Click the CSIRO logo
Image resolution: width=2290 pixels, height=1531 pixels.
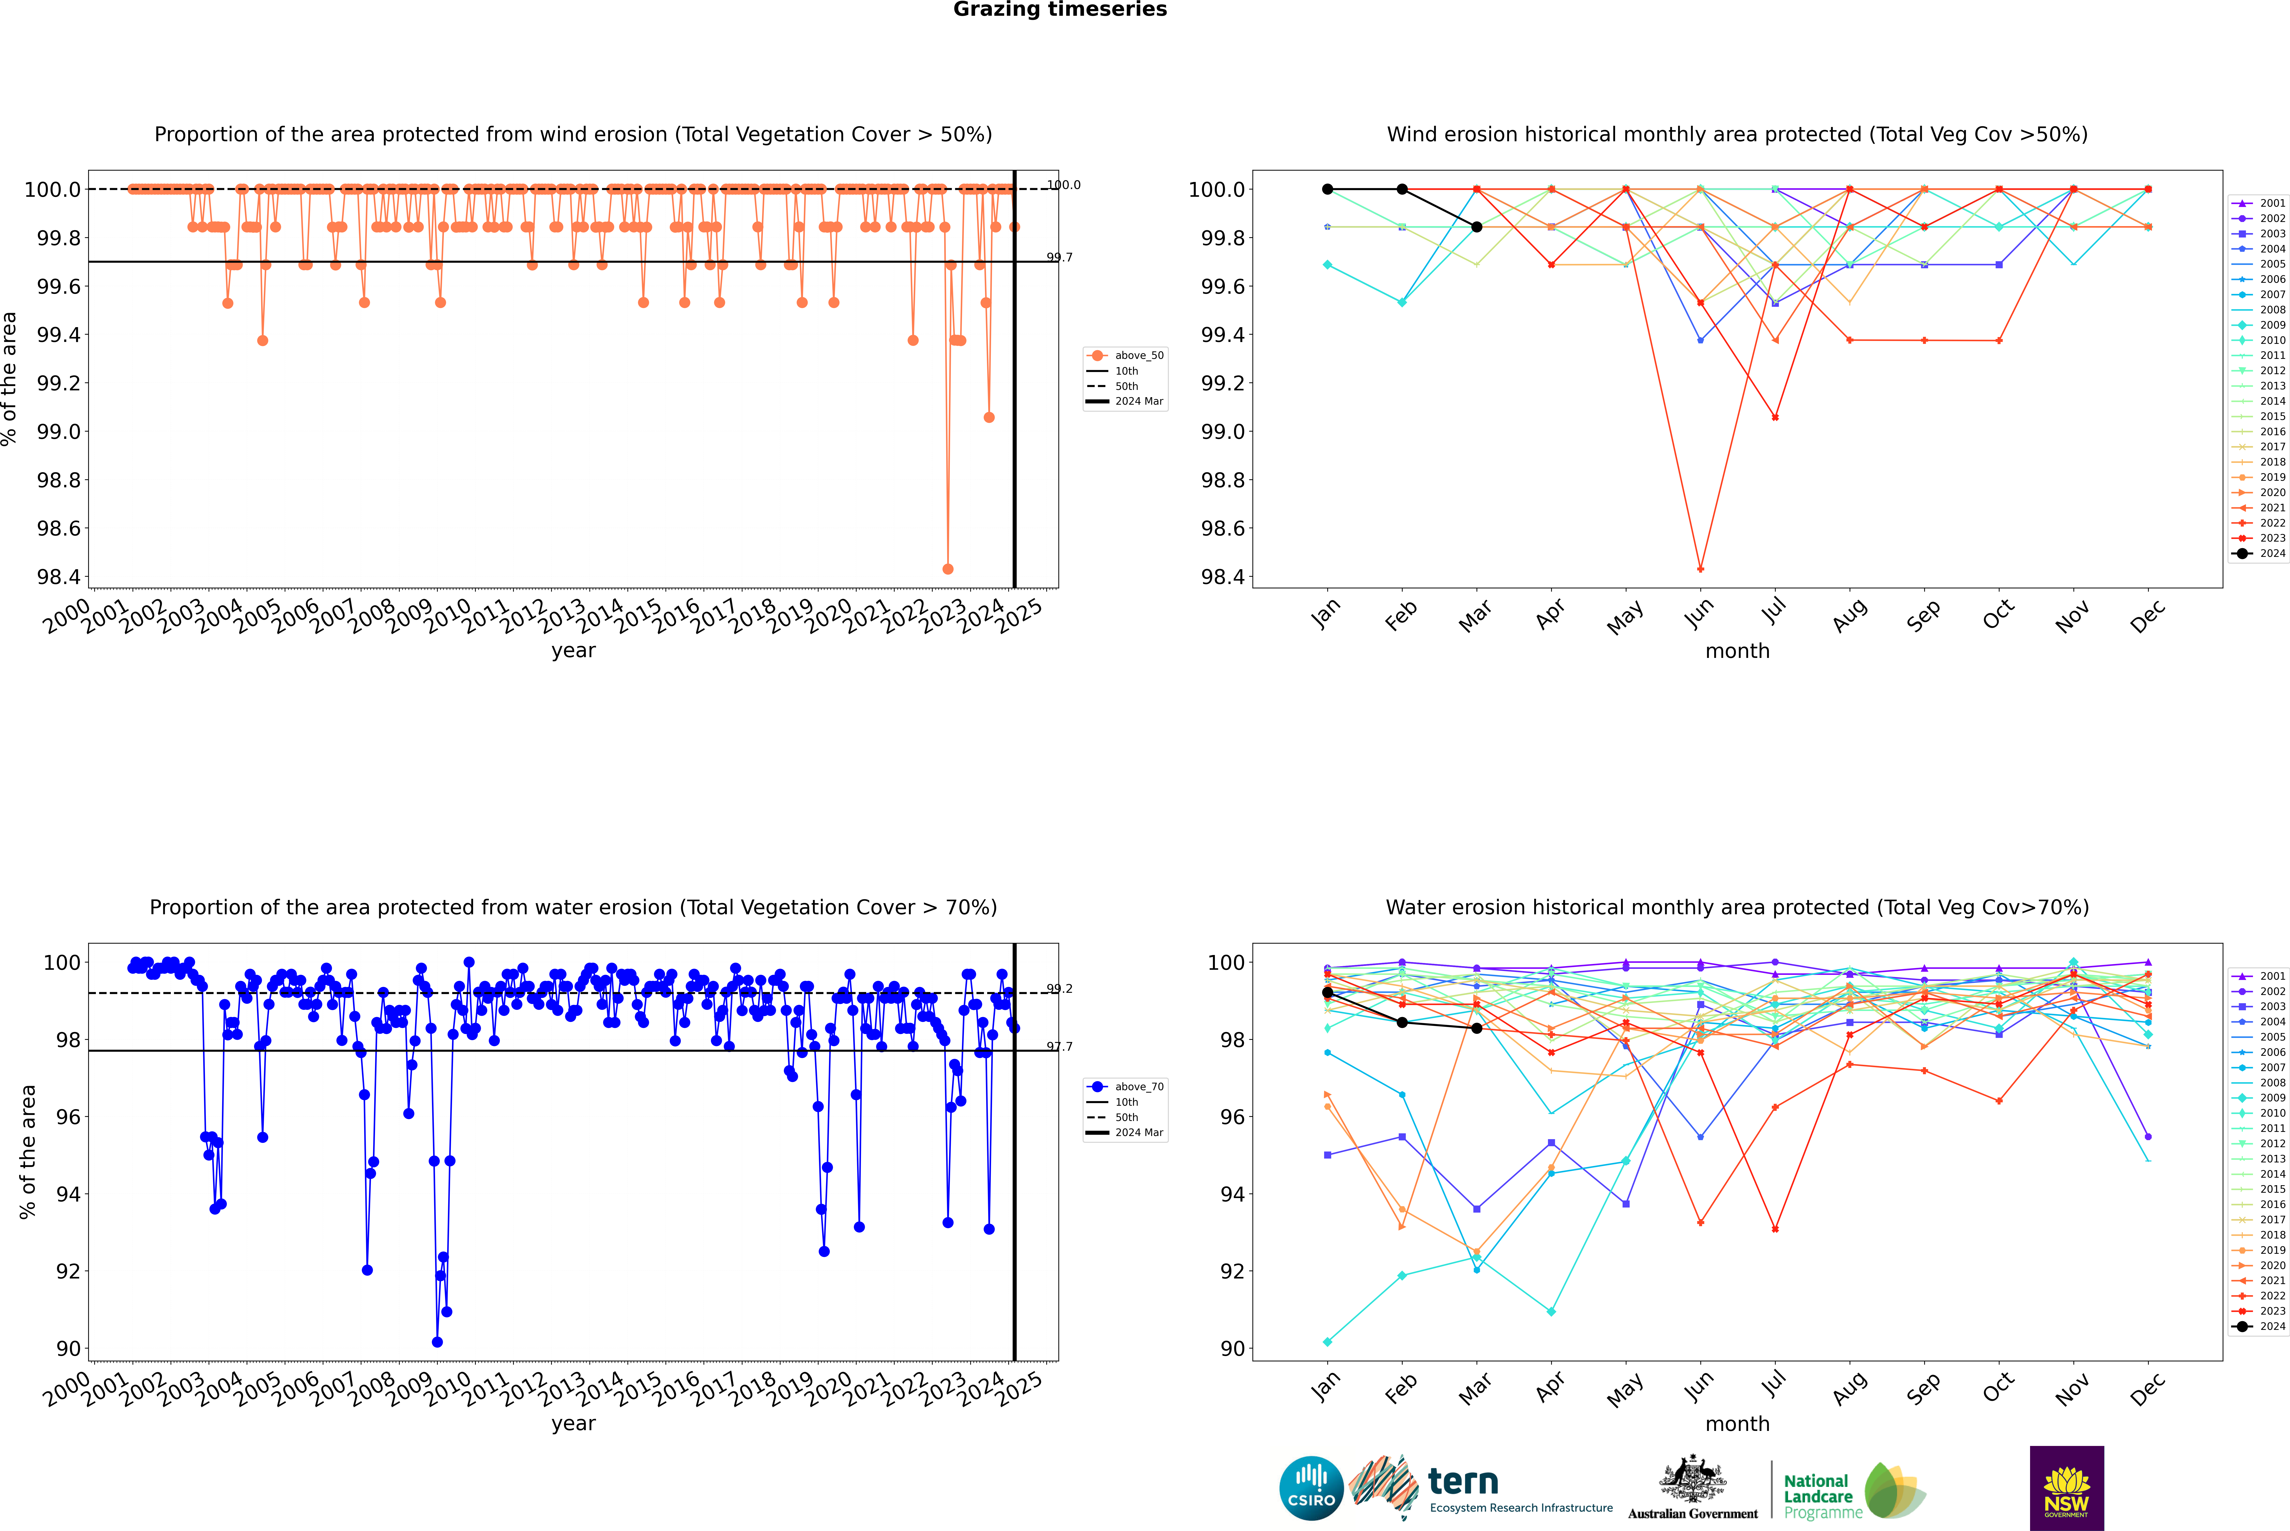[x=1311, y=1488]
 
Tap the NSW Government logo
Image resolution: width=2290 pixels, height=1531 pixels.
[x=2066, y=1488]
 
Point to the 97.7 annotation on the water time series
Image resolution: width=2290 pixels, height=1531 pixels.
[x=1059, y=1047]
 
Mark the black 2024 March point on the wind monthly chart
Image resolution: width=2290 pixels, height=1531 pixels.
[x=1477, y=227]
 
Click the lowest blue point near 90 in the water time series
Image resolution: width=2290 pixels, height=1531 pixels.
[x=437, y=1342]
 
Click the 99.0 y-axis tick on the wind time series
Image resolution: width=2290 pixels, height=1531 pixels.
[x=59, y=432]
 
